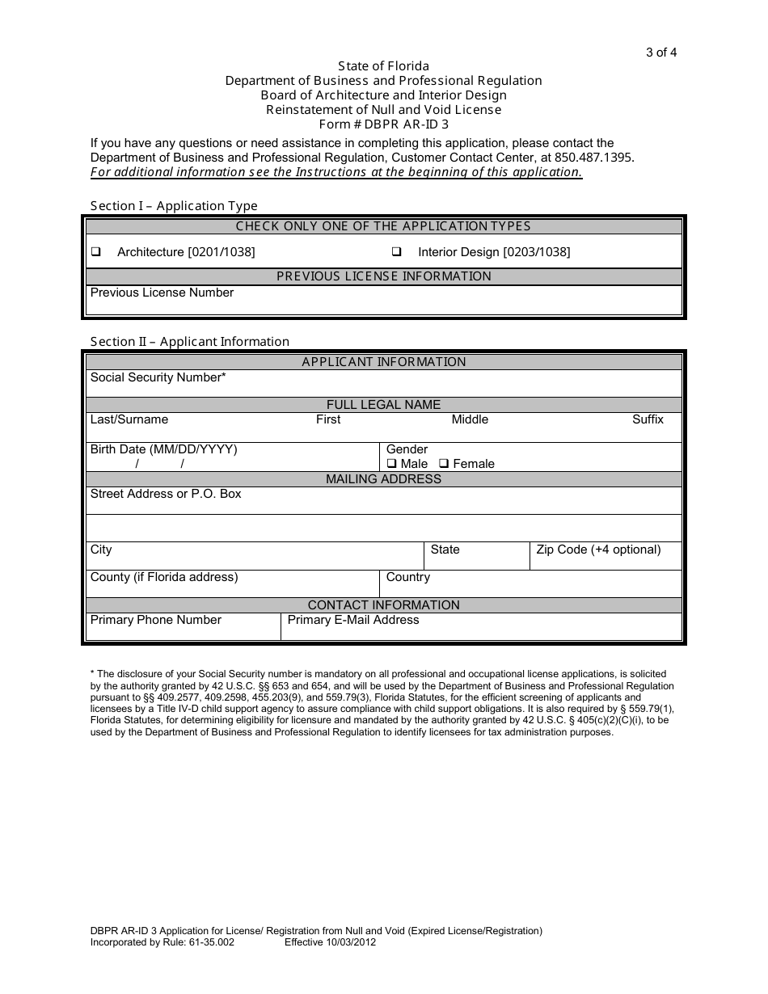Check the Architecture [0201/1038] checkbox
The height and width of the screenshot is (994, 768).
tap(96, 252)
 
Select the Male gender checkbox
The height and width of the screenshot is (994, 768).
tap(391, 464)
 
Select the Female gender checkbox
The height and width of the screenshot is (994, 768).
tap(444, 464)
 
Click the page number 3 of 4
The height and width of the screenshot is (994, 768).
tap(660, 53)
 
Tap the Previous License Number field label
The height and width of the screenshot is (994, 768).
tap(162, 293)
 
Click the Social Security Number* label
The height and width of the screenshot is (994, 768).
tap(158, 377)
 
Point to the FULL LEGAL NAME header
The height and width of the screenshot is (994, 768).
tap(383, 405)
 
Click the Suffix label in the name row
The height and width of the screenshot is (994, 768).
tap(648, 419)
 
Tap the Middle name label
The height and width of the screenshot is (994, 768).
tap(470, 419)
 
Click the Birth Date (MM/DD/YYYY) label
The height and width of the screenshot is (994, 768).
tap(163, 449)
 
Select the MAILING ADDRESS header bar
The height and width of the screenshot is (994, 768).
tap(383, 479)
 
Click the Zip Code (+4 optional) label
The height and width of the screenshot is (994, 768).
tap(598, 550)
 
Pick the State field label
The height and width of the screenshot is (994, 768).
tap(445, 550)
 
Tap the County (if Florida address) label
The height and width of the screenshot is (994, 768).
tap(164, 577)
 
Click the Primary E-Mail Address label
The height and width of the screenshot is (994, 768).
tap(353, 620)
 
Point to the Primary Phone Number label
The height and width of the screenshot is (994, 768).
tap(155, 620)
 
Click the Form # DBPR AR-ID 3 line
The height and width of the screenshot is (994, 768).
tap(383, 124)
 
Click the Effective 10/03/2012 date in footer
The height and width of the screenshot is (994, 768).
tap(330, 942)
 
